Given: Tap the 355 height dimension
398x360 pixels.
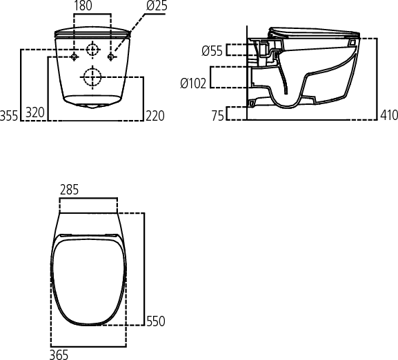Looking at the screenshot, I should point(9,115).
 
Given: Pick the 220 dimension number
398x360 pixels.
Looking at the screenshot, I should point(155,115).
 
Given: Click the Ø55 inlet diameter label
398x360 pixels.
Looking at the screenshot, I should point(212,50).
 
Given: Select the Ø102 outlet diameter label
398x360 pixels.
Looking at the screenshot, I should point(193,83).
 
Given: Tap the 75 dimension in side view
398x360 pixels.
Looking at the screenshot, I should point(217,115).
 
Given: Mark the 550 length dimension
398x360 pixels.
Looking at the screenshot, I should point(155,321).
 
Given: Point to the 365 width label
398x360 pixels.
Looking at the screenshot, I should point(59,354).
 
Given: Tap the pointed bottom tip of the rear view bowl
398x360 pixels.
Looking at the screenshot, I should point(92,107).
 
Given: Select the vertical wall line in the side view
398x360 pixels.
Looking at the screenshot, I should point(247,69).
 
